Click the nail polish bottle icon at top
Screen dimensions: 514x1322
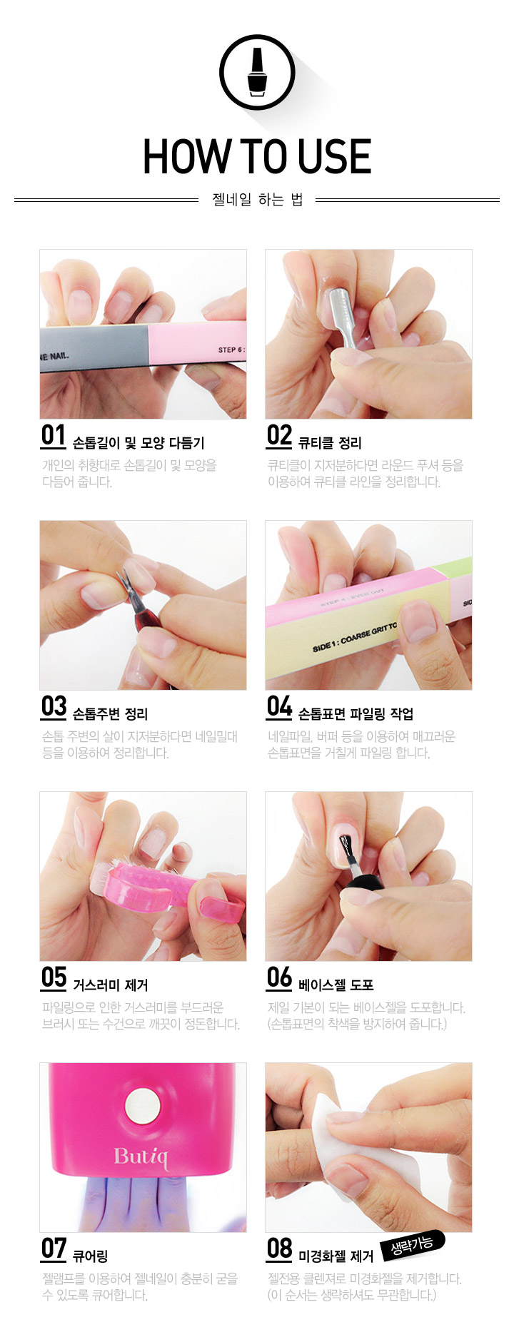(x=257, y=72)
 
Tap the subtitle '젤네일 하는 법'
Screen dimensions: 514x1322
(x=258, y=200)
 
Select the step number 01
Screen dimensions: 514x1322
(x=54, y=435)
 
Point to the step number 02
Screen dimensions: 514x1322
(x=279, y=435)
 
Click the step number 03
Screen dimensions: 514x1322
(x=54, y=706)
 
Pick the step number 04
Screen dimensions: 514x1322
(x=279, y=706)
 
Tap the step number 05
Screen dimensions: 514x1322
(x=54, y=977)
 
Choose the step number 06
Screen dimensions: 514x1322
(x=279, y=977)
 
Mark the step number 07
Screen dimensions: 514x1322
(x=54, y=1249)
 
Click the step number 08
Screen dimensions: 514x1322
(x=279, y=1249)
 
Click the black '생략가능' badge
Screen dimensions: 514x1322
(x=413, y=1245)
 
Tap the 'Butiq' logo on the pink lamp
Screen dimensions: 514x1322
(x=141, y=1156)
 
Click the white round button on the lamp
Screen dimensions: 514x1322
(x=141, y=1107)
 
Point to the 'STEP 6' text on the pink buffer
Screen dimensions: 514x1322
(x=231, y=350)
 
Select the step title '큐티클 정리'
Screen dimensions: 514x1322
(x=330, y=443)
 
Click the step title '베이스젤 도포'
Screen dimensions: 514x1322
(x=336, y=985)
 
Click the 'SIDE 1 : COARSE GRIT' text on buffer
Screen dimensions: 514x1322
(x=354, y=637)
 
